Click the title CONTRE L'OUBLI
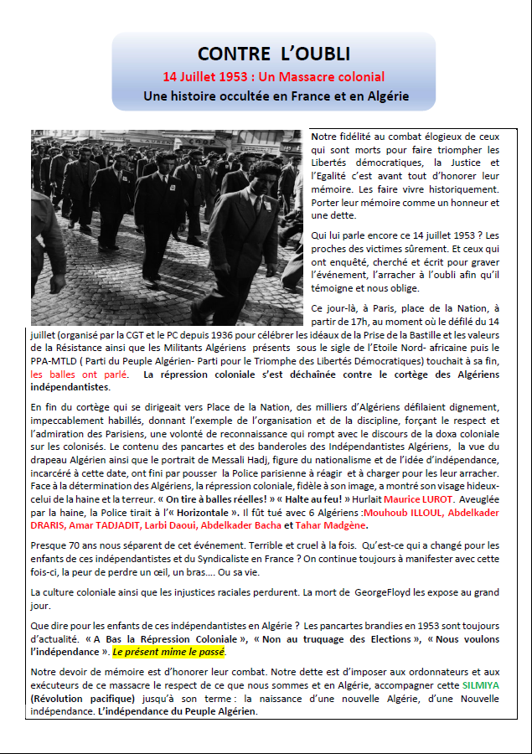[273, 54]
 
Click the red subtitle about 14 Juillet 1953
[273, 76]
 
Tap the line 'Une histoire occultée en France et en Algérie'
[276, 96]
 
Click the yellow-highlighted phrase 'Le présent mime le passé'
[168, 651]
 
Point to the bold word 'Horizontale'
[197, 513]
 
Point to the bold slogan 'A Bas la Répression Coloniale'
[144, 638]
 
